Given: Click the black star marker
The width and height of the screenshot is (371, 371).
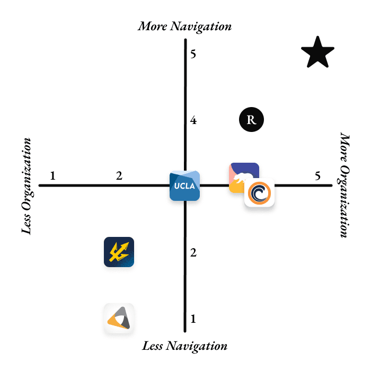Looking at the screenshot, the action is (317, 53).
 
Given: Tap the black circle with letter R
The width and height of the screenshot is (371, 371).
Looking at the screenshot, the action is (251, 119).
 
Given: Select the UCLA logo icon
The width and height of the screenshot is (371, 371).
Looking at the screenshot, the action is (184, 185).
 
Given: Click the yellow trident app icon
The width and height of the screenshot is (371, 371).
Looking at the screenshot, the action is (119, 252).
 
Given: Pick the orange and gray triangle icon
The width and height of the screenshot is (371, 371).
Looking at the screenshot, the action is (119, 318).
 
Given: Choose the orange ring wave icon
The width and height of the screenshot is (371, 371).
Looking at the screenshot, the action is (259, 193).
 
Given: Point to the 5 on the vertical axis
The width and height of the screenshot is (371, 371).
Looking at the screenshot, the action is (193, 54).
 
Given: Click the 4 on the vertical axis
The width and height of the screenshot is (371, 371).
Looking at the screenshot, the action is (193, 120).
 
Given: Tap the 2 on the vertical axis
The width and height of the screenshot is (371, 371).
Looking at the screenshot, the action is (193, 253).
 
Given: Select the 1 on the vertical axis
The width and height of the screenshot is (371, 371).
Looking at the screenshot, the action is (193, 319).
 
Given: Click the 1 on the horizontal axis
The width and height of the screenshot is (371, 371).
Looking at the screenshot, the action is (53, 175).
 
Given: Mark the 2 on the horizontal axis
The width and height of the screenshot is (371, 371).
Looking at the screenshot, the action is (119, 175).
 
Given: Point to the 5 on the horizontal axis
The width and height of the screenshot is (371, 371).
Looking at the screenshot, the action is (317, 176).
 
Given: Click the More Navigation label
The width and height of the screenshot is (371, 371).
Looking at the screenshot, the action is (184, 26).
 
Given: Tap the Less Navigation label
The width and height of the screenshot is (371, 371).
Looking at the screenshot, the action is (184, 346).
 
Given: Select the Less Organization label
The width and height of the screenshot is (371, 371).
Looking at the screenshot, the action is (26, 186).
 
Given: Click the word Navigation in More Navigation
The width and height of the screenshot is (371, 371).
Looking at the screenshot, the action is (201, 26).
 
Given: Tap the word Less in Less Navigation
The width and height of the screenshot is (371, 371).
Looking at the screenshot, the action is (153, 346).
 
